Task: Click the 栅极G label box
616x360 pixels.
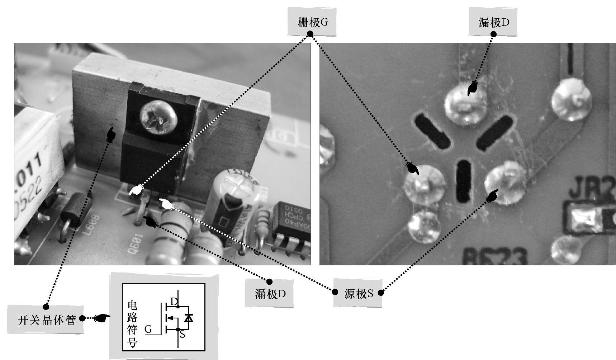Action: pos(312,23)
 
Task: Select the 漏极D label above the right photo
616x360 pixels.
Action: pos(493,23)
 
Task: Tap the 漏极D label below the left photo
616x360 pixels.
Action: pos(270,294)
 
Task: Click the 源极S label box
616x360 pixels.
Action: pos(358,294)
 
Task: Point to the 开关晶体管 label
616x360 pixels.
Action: pos(46,320)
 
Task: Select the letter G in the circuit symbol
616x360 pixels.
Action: pos(148,329)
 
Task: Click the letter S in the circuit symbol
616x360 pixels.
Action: pos(182,335)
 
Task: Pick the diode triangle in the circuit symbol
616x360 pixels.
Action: pos(188,318)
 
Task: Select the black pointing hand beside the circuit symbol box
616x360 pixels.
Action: pos(102,318)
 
